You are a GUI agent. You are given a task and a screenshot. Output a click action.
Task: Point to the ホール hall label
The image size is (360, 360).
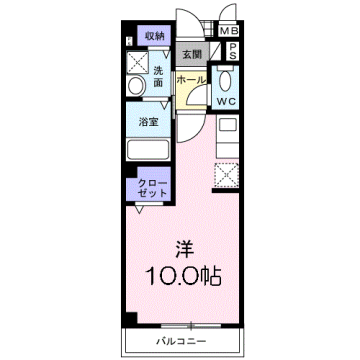(190, 80)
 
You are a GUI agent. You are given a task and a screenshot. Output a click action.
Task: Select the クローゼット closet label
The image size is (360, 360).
(151, 188)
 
